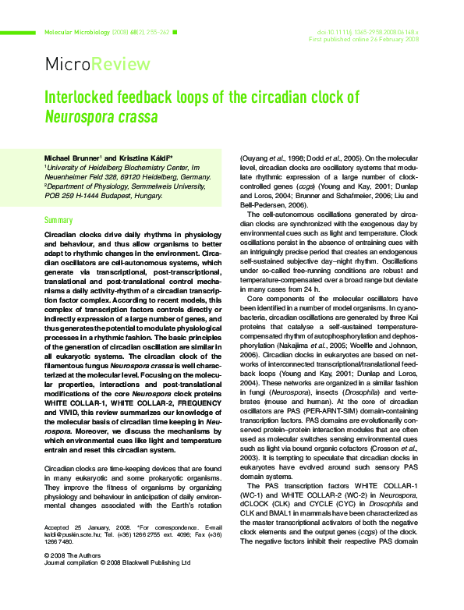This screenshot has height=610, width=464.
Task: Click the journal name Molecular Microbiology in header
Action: point(75,33)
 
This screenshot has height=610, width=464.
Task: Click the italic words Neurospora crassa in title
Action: point(101,118)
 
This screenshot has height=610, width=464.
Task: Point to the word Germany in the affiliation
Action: point(193,177)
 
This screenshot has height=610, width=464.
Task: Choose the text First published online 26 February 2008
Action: point(364,40)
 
